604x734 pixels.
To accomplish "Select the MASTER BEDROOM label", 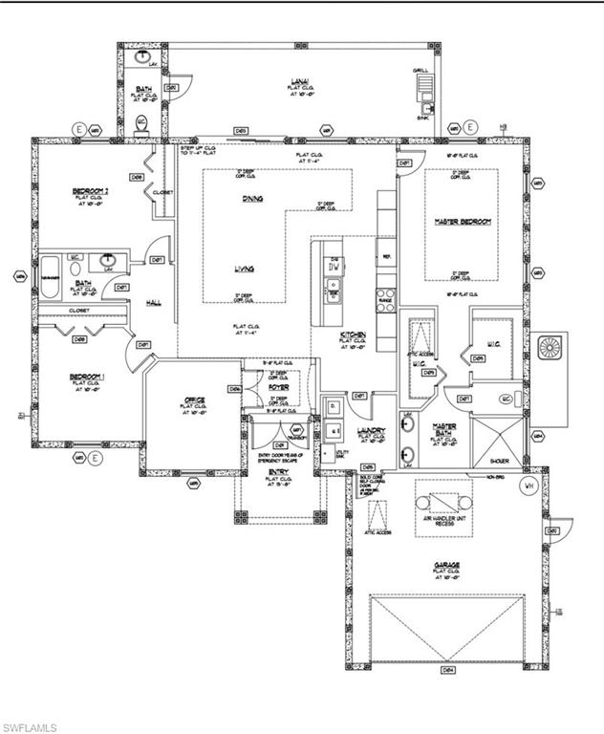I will (462, 222).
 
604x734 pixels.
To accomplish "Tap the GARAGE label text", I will (447, 565).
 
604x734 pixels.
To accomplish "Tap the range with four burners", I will (385, 296).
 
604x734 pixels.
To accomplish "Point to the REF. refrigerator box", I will (388, 256).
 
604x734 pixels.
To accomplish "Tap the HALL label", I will (153, 303).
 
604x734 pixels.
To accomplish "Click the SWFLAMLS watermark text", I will (31, 726).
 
